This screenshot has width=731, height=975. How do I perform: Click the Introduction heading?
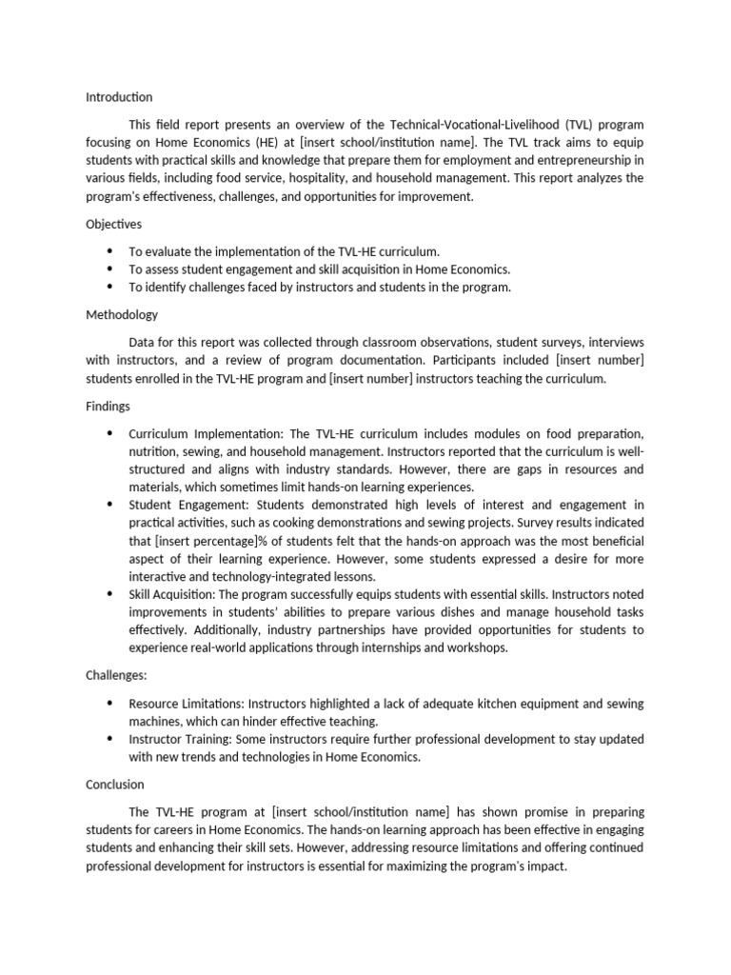119,97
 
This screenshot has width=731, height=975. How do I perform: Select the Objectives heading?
114,224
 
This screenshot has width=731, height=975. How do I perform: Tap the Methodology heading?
122,314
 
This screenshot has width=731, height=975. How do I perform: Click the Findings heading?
108,406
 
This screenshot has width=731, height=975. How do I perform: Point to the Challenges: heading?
117,675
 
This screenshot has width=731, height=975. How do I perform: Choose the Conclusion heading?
115,785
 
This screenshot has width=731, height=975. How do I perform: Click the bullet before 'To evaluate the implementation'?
109,251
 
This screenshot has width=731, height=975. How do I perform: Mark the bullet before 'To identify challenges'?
109,287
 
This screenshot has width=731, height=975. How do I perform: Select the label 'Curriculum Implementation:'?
205,433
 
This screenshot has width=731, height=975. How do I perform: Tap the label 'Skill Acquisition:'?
178,594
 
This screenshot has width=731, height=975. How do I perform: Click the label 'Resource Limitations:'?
189,704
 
